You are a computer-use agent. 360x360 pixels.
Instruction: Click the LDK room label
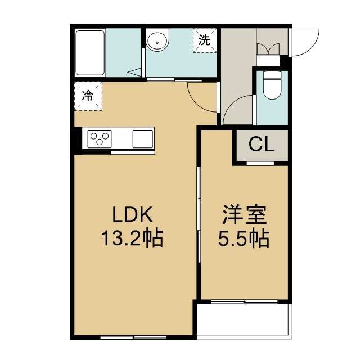[133, 214]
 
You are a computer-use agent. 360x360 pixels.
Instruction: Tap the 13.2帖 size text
[132, 238]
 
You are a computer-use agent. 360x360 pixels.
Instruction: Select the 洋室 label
[244, 214]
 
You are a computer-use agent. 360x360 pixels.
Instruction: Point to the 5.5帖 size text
[244, 238]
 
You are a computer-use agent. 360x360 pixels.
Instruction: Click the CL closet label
[262, 144]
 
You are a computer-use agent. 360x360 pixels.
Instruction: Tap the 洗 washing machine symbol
[205, 40]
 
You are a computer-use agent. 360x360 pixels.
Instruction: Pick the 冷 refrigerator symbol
[88, 96]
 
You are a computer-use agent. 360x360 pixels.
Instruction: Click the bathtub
[90, 53]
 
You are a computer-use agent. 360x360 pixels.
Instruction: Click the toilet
[272, 85]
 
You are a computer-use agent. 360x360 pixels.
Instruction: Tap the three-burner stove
[100, 139]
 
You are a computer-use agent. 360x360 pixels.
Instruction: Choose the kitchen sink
[142, 139]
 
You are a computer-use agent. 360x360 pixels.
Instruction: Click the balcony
[244, 320]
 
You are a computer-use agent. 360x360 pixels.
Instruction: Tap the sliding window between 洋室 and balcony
[244, 301]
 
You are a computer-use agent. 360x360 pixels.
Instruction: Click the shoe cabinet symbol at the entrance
[268, 49]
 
